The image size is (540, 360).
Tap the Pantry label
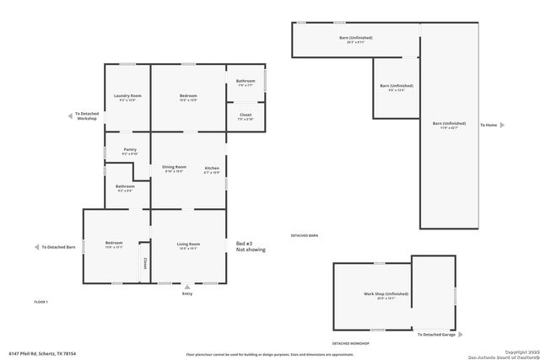129,151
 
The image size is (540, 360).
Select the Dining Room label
174,169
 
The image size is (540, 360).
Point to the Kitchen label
212,169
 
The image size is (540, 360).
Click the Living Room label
187,246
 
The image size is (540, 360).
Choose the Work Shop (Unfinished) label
386,295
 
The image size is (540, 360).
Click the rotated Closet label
145,263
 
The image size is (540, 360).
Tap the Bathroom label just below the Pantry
125,188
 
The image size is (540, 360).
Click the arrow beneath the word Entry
187,287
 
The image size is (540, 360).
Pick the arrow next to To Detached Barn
35,247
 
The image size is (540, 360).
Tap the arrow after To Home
502,125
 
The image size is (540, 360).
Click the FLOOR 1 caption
41,302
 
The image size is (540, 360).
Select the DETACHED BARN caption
305,235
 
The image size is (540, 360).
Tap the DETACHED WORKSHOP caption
350,344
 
